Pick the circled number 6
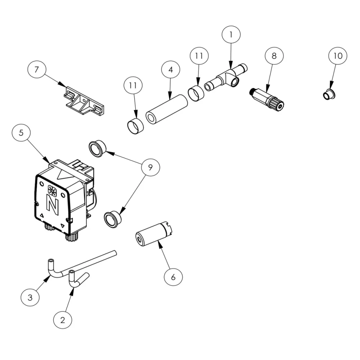tap(173, 277)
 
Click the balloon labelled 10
tap(338, 56)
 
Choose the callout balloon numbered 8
tap(274, 56)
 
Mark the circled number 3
tap(30, 297)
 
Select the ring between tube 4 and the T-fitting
tap(196, 93)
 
